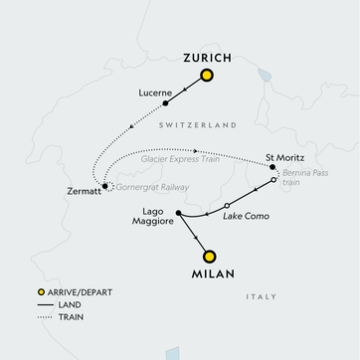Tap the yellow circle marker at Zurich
point(207,76)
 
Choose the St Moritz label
point(283,157)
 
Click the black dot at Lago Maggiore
point(177,212)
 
